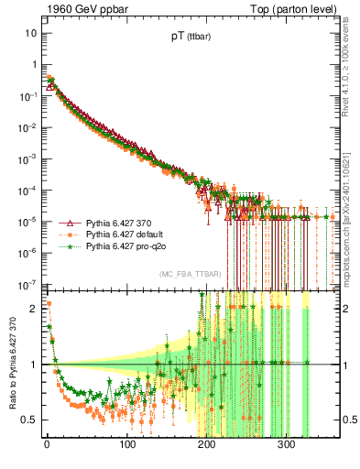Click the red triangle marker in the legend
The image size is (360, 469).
click(x=68, y=223)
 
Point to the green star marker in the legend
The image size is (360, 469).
click(x=68, y=245)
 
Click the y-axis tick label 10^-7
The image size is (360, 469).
click(x=28, y=283)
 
